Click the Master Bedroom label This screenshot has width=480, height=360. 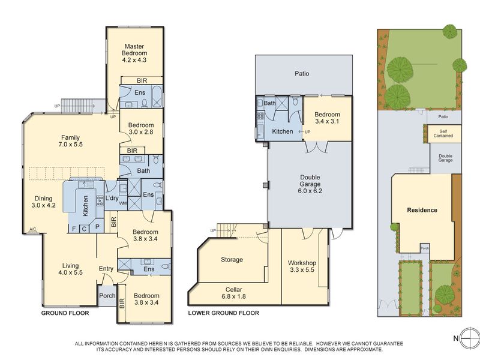[x=134, y=50]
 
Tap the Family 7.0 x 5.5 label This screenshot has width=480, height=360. [x=70, y=141]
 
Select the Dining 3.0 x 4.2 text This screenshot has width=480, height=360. [x=43, y=202]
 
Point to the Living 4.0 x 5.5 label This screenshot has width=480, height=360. [x=70, y=269]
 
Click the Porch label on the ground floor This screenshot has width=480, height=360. [x=107, y=296]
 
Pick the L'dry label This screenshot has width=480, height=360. [x=112, y=198]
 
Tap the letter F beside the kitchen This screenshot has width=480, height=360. [x=74, y=229]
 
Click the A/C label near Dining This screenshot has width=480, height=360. [x=32, y=229]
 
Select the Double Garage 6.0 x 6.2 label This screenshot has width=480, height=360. [x=310, y=184]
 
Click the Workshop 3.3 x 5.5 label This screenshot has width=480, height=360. [x=302, y=266]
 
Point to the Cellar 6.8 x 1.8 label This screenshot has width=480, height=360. [x=233, y=293]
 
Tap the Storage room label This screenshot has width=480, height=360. [x=232, y=260]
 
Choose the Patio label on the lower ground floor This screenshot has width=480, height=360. [x=302, y=73]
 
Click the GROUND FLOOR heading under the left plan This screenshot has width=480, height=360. [x=65, y=313]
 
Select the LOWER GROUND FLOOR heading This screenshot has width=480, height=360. [x=223, y=313]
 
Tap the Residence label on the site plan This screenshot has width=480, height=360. [x=422, y=210]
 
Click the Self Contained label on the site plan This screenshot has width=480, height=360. [x=443, y=133]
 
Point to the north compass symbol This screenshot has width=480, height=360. [x=470, y=338]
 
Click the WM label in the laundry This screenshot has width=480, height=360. [x=122, y=203]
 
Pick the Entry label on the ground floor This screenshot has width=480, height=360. [x=106, y=268]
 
